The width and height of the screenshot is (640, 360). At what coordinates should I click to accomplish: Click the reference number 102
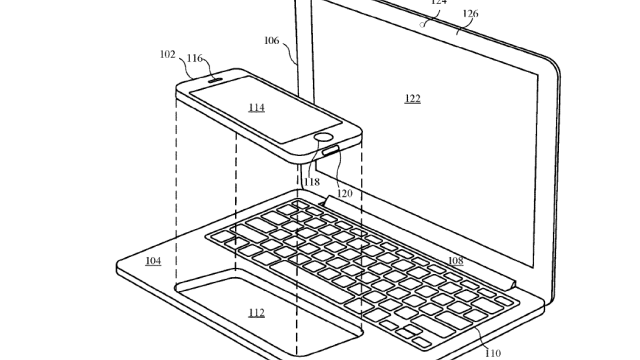[167, 54]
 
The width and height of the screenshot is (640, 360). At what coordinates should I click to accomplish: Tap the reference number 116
[194, 58]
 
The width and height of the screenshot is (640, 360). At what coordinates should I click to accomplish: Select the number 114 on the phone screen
[256, 107]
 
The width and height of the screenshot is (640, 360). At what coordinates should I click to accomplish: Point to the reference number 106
[271, 40]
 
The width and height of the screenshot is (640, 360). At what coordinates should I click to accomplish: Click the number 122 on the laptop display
[413, 98]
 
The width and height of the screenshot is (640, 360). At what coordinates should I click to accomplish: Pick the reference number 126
[470, 13]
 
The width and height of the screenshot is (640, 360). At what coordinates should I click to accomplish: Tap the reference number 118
[312, 182]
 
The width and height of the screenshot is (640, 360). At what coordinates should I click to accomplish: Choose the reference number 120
[344, 193]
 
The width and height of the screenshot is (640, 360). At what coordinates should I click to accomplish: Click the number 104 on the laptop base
[153, 260]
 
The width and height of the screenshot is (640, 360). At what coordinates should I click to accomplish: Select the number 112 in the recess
[256, 313]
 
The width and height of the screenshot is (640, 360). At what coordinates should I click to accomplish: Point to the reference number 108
[456, 260]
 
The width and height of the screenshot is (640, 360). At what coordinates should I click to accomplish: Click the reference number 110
[493, 353]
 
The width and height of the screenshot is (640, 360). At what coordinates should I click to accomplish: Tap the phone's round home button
[324, 138]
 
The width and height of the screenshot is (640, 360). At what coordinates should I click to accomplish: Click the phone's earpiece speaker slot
[216, 80]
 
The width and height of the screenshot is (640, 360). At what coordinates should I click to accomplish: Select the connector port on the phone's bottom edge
[331, 152]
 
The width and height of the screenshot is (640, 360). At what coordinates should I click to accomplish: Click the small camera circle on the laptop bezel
[422, 25]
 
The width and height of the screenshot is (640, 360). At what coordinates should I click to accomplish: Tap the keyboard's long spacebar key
[311, 282]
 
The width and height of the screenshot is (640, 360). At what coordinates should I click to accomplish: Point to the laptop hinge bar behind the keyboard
[420, 241]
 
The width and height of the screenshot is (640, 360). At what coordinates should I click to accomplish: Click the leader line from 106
[289, 52]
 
